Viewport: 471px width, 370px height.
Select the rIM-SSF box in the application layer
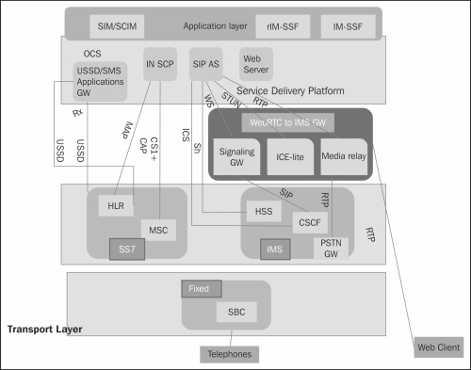click(283, 23)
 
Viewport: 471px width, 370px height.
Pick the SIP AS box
click(205, 63)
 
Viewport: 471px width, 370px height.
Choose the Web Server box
click(255, 63)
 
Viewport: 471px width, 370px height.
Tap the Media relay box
click(343, 154)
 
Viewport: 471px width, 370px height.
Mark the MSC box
click(157, 230)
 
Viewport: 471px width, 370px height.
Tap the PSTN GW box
click(331, 248)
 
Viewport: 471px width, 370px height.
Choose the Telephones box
click(227, 353)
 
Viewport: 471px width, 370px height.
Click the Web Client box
click(438, 347)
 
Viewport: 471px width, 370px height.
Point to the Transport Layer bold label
click(44, 329)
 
